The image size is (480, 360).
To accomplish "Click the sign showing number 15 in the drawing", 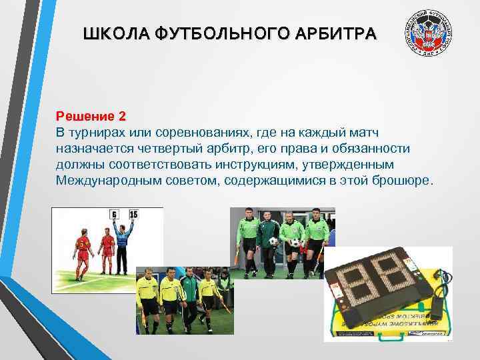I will tap(133, 214).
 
